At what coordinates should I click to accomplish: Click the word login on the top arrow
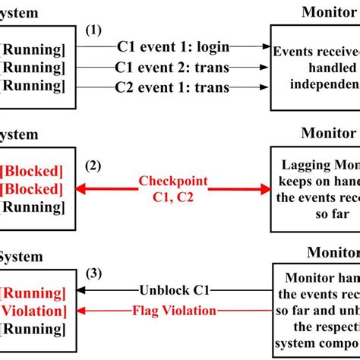click(x=212, y=47)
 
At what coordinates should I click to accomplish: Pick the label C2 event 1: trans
click(x=172, y=88)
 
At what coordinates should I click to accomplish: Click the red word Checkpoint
click(x=174, y=182)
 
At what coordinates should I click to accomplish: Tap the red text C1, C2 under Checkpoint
click(x=174, y=199)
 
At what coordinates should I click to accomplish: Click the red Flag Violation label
click(x=175, y=310)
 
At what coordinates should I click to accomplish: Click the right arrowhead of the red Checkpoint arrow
click(x=266, y=189)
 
